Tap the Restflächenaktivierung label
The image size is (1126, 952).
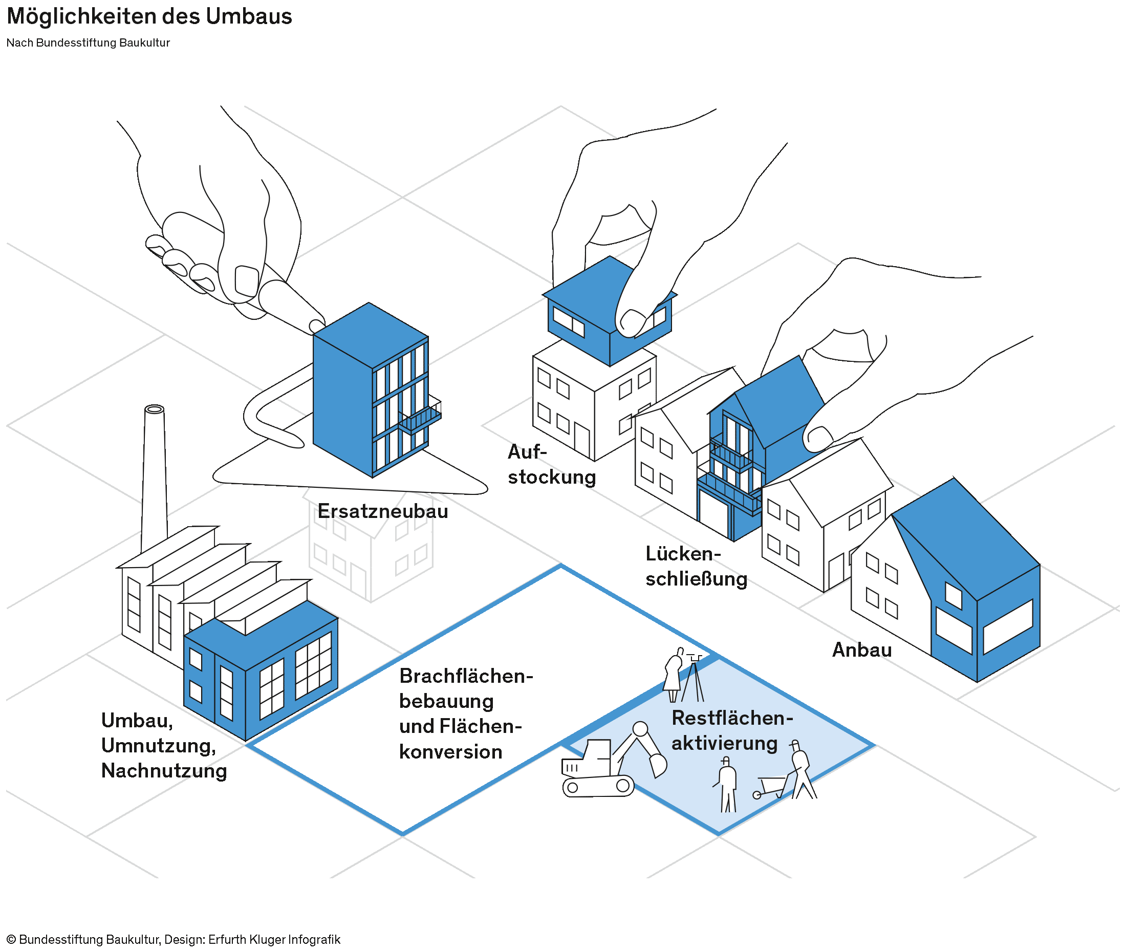(x=731, y=730)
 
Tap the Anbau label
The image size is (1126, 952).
(x=861, y=650)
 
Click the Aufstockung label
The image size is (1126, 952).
(x=551, y=465)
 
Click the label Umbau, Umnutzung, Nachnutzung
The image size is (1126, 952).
(x=163, y=745)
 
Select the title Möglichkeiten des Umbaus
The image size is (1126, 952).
(x=149, y=16)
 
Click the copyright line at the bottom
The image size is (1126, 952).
(x=173, y=940)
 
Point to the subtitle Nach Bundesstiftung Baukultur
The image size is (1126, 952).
(x=88, y=42)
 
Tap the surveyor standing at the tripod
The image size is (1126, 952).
(x=674, y=675)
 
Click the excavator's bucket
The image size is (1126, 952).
(x=658, y=764)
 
